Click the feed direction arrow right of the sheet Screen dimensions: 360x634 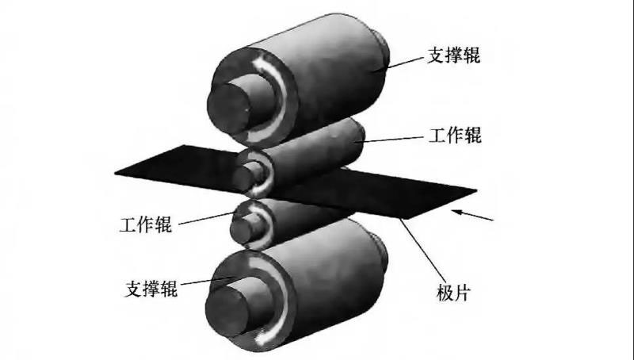[x=474, y=214]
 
